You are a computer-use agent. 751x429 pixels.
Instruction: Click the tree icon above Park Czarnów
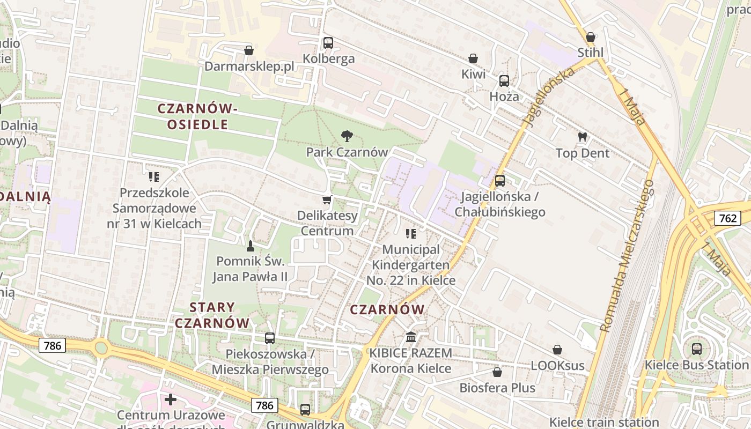click(x=347, y=136)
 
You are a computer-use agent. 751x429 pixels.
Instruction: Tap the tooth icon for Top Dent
click(x=582, y=137)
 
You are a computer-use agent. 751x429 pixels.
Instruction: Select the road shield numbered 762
click(x=727, y=218)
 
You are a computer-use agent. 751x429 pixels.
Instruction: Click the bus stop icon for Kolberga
click(x=328, y=43)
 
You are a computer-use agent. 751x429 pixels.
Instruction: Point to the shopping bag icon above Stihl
click(x=590, y=37)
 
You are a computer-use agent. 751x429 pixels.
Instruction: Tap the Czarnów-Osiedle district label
click(x=197, y=116)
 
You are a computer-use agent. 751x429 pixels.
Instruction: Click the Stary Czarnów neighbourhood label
click(x=212, y=315)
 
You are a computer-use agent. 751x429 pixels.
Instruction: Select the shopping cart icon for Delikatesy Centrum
click(x=327, y=200)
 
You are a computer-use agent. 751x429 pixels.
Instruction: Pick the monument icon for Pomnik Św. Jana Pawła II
click(x=250, y=246)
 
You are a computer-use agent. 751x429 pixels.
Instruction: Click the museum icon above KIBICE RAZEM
click(x=411, y=337)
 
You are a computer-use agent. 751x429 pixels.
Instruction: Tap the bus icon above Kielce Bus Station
click(x=696, y=349)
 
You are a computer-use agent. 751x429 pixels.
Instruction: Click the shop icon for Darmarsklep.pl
click(x=248, y=50)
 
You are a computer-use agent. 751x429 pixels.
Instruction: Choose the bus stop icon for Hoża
click(x=504, y=81)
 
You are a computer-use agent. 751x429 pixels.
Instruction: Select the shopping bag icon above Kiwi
click(x=473, y=58)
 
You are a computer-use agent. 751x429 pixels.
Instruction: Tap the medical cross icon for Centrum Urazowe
click(x=171, y=400)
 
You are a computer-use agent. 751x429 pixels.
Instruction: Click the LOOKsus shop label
click(x=557, y=366)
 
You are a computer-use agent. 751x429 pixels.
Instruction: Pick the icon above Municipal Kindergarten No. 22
click(x=411, y=234)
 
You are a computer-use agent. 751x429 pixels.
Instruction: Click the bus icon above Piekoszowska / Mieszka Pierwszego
click(x=269, y=338)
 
